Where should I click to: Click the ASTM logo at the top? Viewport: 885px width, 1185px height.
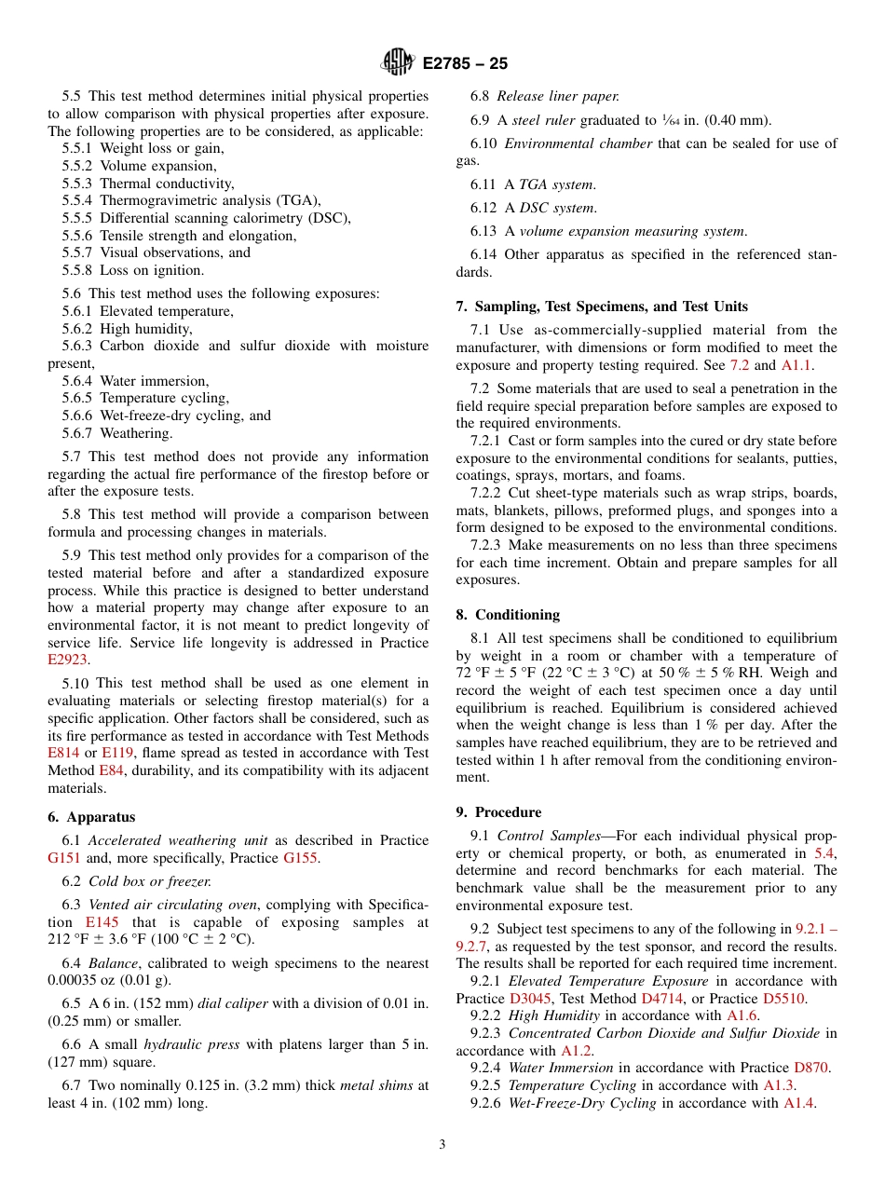pos(398,63)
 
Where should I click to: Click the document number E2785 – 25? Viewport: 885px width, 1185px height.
pos(465,64)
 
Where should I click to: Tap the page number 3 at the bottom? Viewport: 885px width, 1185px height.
pos(442,1145)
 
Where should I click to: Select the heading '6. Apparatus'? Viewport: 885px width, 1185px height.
pos(91,817)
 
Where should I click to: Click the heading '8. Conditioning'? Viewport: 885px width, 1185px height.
pos(508,615)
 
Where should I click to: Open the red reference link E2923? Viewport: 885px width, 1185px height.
pos(67,660)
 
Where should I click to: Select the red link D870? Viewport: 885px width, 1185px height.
pos(810,1068)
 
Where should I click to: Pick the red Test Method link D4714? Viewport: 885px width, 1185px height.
pos(660,999)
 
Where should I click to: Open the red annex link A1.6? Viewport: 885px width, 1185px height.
pos(742,1016)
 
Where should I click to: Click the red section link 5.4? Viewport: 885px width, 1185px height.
pos(824,853)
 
